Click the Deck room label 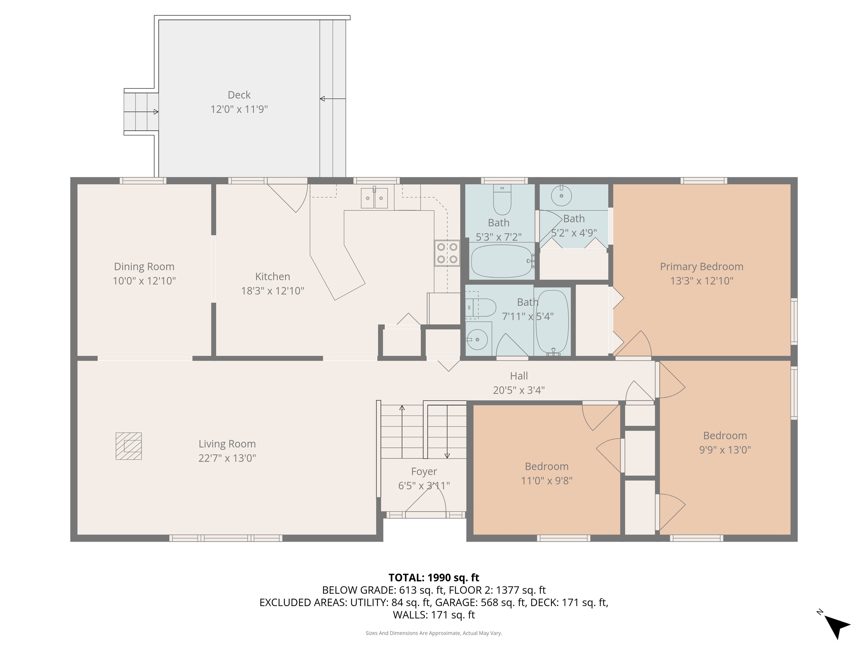pyautogui.click(x=239, y=95)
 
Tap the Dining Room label pyautogui.click(x=144, y=267)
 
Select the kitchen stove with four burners pyautogui.click(x=447, y=253)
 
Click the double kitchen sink pyautogui.click(x=374, y=198)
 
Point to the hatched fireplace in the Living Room pyautogui.click(x=129, y=446)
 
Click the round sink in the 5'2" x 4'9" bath pyautogui.click(x=561, y=195)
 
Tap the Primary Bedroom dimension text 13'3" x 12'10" pyautogui.click(x=702, y=281)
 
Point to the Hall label pyautogui.click(x=519, y=376)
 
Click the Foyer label pyautogui.click(x=424, y=472)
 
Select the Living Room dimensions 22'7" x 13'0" pyautogui.click(x=227, y=458)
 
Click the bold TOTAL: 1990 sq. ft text pyautogui.click(x=434, y=578)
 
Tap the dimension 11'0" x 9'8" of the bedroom pyautogui.click(x=547, y=481)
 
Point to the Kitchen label pyautogui.click(x=273, y=277)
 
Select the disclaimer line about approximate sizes pyautogui.click(x=434, y=633)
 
